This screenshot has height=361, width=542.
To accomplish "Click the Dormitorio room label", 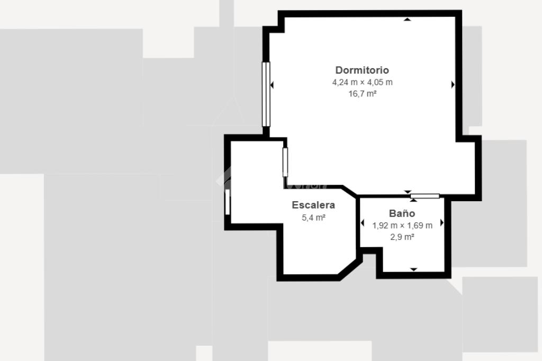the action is (362, 70).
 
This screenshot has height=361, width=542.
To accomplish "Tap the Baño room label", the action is (402, 213).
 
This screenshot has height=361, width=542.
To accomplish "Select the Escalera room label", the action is (313, 205).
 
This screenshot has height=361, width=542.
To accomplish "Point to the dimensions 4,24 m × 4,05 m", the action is (362, 82).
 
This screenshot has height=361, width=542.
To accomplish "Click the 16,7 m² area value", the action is (362, 94).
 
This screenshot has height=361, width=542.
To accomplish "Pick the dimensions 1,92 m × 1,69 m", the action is (402, 226).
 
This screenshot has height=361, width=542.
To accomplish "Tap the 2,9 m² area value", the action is (402, 237).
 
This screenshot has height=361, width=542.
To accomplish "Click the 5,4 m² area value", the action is (313, 218).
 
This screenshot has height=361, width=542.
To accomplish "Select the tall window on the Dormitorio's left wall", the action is (266, 94).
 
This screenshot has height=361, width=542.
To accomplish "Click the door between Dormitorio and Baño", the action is (425, 196).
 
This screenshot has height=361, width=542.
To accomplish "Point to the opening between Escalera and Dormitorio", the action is (285, 162).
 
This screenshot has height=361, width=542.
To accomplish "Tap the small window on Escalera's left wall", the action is (227, 202).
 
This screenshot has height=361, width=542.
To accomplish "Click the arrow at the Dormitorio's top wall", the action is (408, 20).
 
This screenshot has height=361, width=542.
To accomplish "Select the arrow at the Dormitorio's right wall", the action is (453, 84).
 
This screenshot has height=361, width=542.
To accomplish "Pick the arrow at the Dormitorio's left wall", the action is (272, 85).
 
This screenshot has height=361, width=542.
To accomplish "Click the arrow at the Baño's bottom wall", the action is (414, 269).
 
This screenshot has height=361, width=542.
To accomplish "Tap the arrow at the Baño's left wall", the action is (362, 223).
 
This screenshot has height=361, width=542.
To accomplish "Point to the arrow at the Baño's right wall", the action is (442, 223).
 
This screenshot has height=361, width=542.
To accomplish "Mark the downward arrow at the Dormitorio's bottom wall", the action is (408, 192).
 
